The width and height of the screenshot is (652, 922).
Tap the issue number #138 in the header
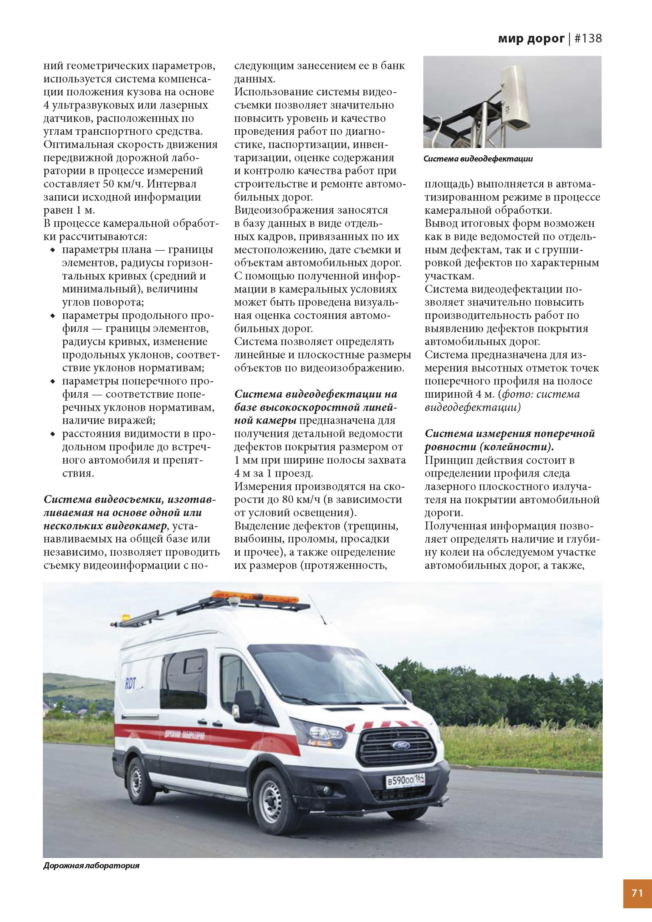588,39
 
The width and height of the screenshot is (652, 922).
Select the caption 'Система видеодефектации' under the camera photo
478,159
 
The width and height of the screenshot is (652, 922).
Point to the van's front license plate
405,780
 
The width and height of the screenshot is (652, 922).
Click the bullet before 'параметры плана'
52,250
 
